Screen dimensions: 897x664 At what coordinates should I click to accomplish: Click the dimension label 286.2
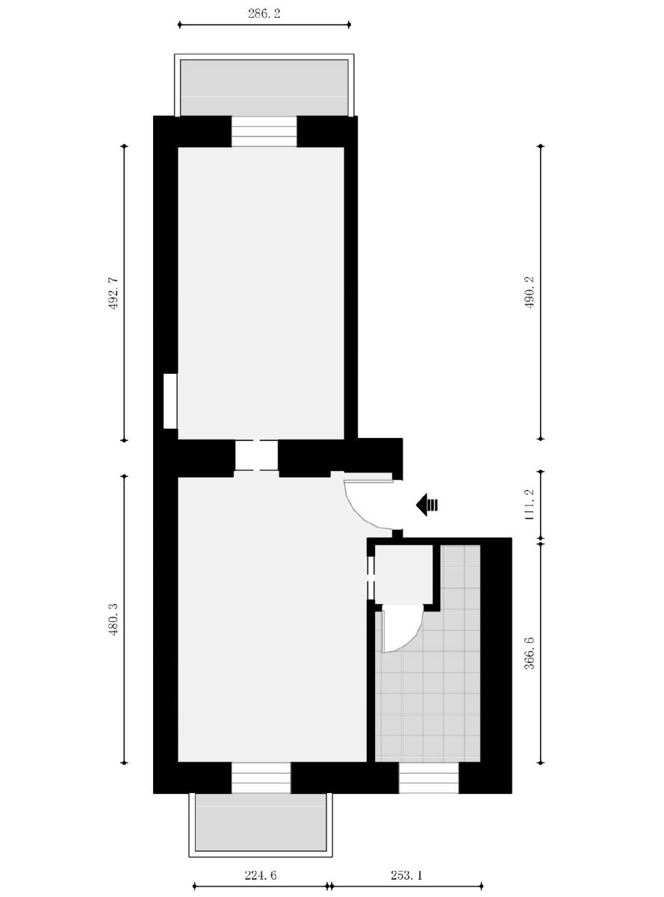pos(264,14)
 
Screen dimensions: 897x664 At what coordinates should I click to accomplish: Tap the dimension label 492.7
pos(114,293)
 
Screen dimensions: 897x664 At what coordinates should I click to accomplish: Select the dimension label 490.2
pos(530,293)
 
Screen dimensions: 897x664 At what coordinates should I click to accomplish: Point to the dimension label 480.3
pos(114,620)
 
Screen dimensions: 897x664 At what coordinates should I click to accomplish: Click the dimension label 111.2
pos(530,505)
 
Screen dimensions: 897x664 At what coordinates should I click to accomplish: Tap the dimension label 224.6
pos(260,875)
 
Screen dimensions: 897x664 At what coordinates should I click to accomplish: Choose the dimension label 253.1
pos(406,875)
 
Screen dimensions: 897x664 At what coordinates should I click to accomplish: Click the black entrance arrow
pos(426,505)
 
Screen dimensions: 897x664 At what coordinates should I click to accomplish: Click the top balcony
pos(264,87)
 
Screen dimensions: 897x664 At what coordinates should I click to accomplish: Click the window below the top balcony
pos(264,132)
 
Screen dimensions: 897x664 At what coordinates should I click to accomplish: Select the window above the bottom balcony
pos(261,777)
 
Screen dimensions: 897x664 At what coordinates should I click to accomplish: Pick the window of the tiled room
pos(428,777)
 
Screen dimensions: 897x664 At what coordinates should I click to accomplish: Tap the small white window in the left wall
pos(170,401)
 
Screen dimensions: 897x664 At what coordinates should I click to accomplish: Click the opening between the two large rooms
pos(257,456)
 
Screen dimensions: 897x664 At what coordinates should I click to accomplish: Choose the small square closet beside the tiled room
pos(403,574)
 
